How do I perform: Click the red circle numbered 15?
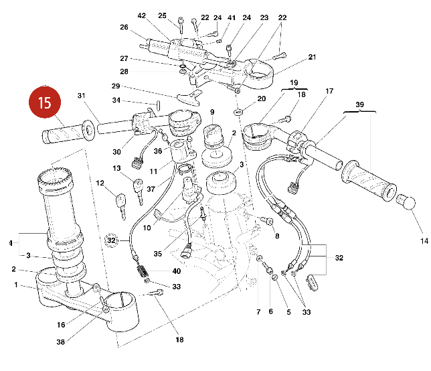tap(44, 103)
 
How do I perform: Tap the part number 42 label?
tap(141, 15)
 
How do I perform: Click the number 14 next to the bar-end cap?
tap(423, 240)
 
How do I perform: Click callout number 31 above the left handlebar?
tap(82, 95)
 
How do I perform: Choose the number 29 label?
tap(115, 86)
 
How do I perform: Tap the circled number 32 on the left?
tap(112, 239)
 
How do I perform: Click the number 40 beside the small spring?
tap(176, 271)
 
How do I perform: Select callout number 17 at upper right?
tap(329, 91)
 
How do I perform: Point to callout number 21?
tap(311, 58)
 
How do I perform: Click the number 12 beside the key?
tap(99, 183)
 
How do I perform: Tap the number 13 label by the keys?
tap(116, 168)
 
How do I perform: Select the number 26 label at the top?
tap(124, 27)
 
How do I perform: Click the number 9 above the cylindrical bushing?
tap(211, 112)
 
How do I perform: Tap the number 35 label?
tap(157, 254)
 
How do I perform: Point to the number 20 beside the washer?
tap(261, 98)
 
